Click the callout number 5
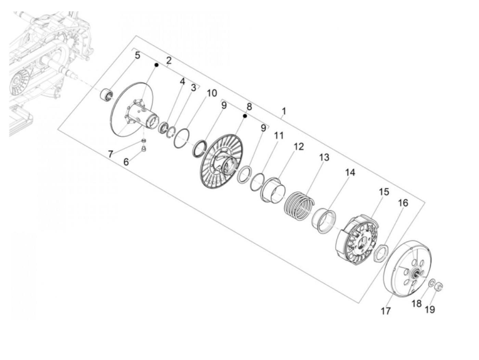[137, 55]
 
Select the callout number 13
[324, 157]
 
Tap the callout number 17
[386, 311]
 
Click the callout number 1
[284, 111]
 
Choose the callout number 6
[126, 162]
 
